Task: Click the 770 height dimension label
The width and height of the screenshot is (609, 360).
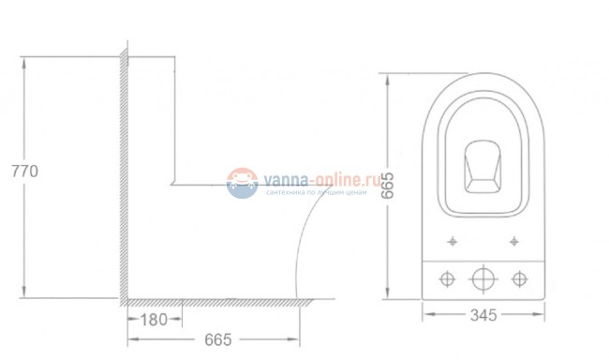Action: pyautogui.click(x=25, y=171)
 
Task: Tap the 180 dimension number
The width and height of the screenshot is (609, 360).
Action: pyautogui.click(x=154, y=320)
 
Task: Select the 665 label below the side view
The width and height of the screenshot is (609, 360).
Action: pyautogui.click(x=218, y=339)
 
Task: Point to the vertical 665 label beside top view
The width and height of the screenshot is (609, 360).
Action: pyautogui.click(x=387, y=186)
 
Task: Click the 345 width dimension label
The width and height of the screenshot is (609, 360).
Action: pyautogui.click(x=483, y=315)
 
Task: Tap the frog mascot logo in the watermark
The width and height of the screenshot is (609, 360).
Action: pyautogui.click(x=242, y=183)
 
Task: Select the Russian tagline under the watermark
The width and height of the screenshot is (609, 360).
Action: pyautogui.click(x=316, y=192)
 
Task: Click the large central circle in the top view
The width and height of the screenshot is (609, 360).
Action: pyautogui.click(x=483, y=278)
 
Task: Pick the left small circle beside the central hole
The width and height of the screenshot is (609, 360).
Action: pyautogui.click(x=447, y=278)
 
